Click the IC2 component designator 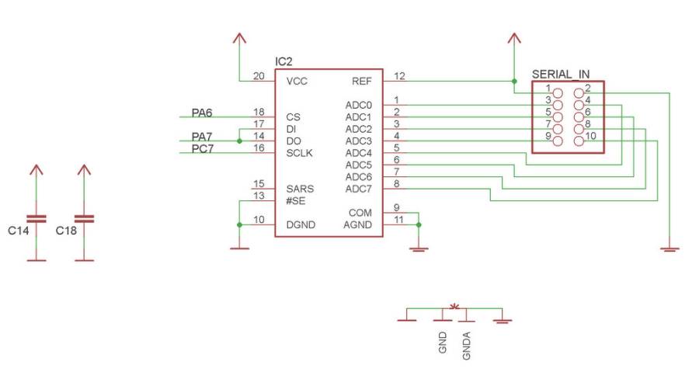(284, 61)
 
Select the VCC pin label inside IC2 (297, 81)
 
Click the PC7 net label (202, 148)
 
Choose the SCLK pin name (299, 153)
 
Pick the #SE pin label (296, 200)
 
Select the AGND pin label (358, 224)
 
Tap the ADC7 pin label (359, 189)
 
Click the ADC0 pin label (359, 105)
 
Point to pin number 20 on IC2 (259, 76)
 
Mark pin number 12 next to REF (399, 76)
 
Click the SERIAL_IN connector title (561, 75)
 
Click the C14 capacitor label (19, 231)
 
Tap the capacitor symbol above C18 (85, 218)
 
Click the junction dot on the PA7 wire (239, 141)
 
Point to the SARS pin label (300, 189)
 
